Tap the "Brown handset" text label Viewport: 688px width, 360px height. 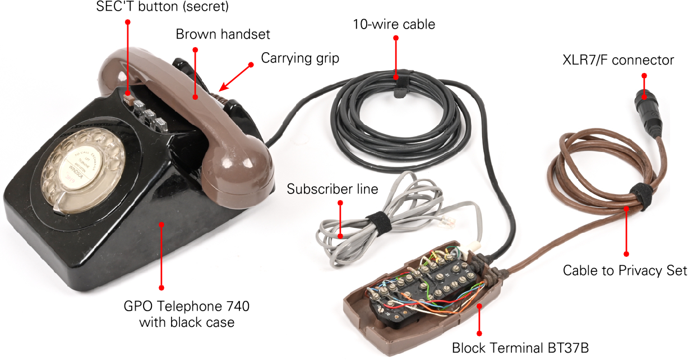[x=223, y=35]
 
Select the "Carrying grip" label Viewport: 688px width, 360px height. [x=300, y=58]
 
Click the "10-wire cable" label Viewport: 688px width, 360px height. [x=394, y=25]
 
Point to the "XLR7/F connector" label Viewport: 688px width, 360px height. [x=618, y=60]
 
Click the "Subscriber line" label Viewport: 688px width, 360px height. [x=333, y=189]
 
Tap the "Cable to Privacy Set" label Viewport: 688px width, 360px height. [x=625, y=271]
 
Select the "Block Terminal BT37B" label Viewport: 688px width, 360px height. [x=520, y=348]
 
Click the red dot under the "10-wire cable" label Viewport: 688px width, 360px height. [x=396, y=38]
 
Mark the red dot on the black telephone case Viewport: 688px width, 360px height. [x=161, y=224]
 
